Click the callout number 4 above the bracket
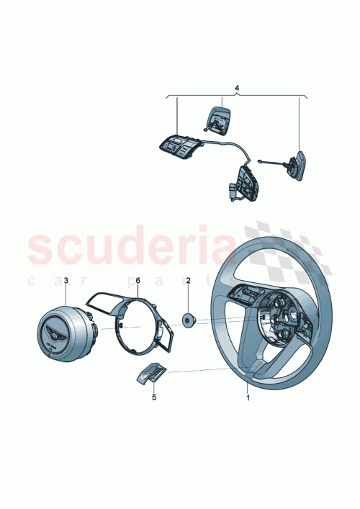(236, 88)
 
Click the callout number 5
(153, 395)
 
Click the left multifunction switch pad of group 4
(178, 147)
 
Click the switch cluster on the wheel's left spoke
(242, 294)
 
